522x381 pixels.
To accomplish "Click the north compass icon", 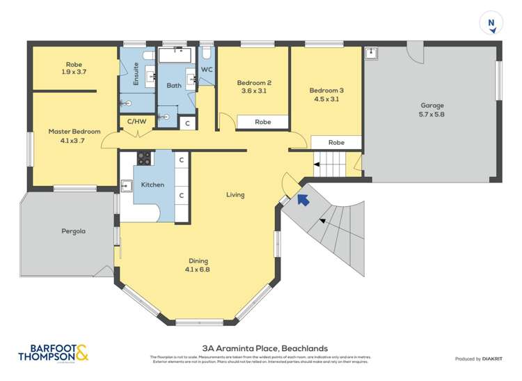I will (x=492, y=23).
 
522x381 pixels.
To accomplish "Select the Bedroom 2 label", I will (x=253, y=87).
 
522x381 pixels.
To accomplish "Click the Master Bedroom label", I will (x=74, y=135).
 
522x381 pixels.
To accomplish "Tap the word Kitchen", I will (x=152, y=185).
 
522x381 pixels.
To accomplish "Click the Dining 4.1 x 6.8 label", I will (x=198, y=265).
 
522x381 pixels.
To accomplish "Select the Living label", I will (x=235, y=194).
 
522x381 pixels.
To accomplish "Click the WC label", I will (x=207, y=70).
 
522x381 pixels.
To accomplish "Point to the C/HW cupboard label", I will (x=136, y=122).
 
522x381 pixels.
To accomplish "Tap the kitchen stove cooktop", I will (x=144, y=158).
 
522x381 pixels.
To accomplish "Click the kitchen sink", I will (x=127, y=185).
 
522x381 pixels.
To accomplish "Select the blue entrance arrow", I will (x=303, y=200).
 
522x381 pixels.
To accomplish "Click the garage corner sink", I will (x=372, y=53).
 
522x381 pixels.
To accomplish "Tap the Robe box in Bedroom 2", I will (x=262, y=122).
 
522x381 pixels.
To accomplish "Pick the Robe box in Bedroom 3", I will (x=336, y=142).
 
